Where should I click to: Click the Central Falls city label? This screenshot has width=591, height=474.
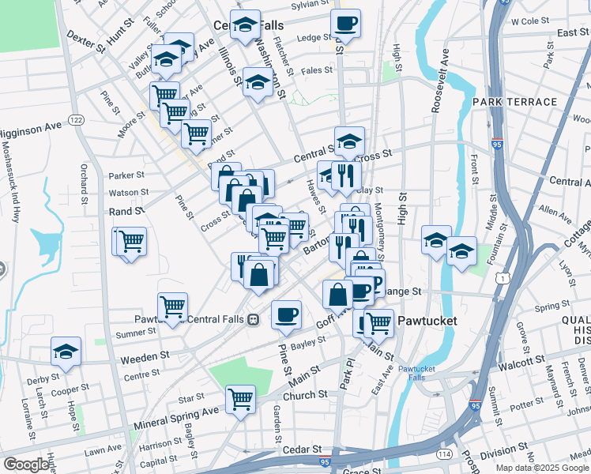point(245,25)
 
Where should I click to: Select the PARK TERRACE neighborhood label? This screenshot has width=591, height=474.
point(514,102)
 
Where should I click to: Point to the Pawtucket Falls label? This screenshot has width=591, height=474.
point(416,373)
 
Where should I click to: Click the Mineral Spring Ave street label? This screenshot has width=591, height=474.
point(175,412)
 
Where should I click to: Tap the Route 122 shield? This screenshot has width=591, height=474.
point(76,119)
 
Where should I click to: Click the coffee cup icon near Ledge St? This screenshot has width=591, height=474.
point(344,23)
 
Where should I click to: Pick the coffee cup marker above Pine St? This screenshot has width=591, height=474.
point(286,314)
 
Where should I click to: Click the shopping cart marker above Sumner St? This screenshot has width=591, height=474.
point(172,306)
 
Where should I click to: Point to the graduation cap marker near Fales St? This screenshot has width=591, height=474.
point(258,82)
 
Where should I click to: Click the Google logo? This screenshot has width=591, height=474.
point(26,465)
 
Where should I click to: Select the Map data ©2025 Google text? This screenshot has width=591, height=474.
point(541,468)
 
